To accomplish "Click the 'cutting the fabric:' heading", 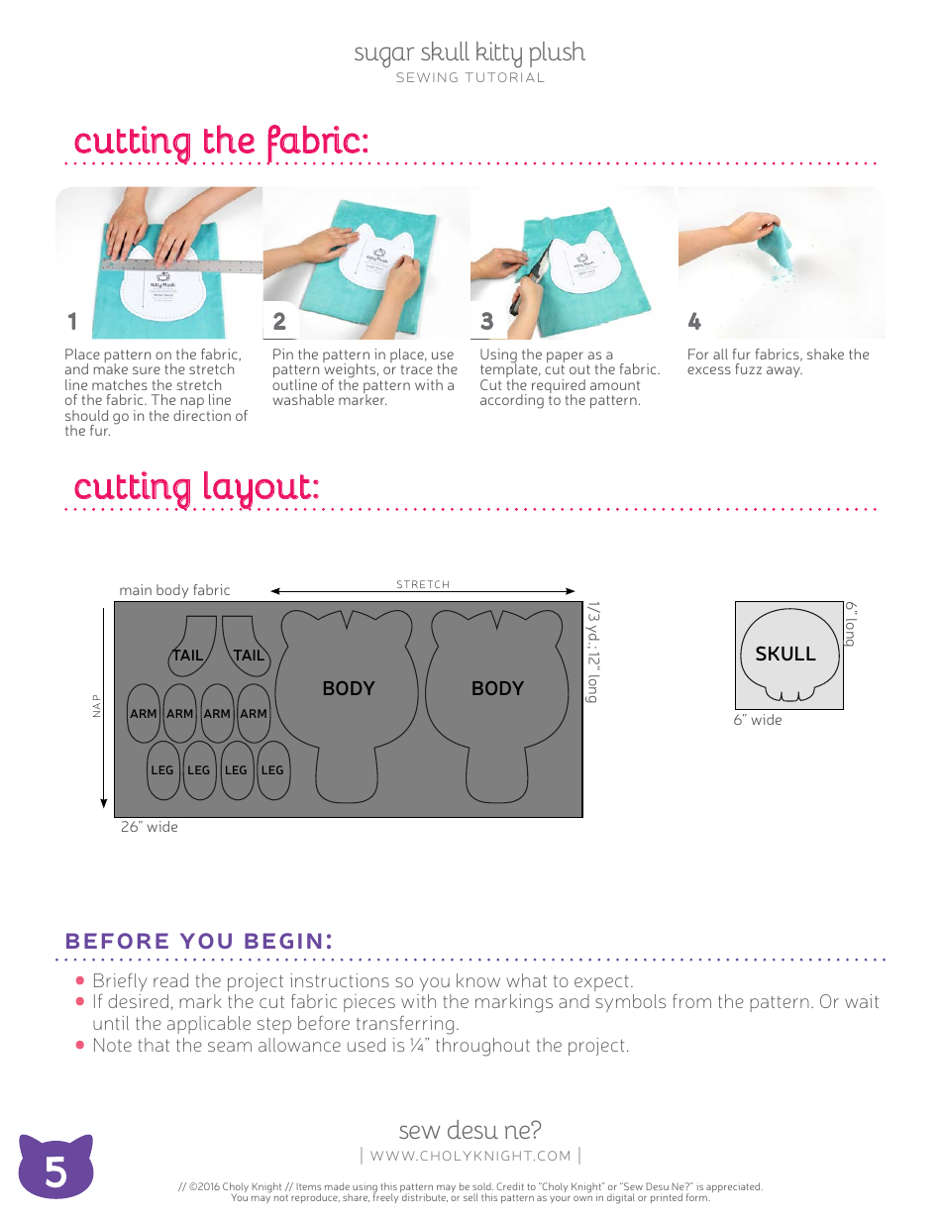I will pos(221,141).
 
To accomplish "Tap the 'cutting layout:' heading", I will pos(196,487).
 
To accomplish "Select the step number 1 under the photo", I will pos(71,322).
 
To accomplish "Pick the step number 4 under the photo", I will pos(694,322).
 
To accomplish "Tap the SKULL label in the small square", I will pos(785,654).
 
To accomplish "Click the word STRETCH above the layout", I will pos(423,585).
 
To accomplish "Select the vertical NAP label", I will pos(97,705).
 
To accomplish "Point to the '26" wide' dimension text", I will pos(150,827).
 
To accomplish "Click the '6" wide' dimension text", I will pos(758,720).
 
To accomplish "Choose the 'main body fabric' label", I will pos(174,590).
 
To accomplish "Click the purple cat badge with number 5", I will pos(55,1169).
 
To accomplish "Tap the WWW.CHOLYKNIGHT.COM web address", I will pos(470,1156).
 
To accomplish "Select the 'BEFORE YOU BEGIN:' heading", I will pos(198,941).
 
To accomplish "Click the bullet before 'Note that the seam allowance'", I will pos(80,1045).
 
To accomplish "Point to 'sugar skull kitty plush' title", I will pos(470,52).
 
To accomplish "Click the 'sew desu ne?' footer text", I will pos(470,1130).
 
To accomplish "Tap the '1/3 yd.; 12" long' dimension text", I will pos(593,652).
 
